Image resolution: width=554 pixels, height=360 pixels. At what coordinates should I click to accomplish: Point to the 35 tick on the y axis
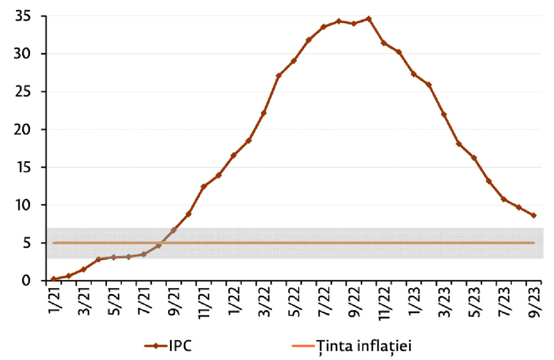[x=23, y=16]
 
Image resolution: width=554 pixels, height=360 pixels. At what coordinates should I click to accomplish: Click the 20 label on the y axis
[x=23, y=130]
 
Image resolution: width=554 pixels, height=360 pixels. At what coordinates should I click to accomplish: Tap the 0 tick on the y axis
[x=26, y=281]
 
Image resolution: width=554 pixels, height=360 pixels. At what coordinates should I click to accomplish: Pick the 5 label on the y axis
[x=26, y=243]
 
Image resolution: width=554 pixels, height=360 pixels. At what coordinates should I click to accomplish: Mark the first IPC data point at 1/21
[x=53, y=279]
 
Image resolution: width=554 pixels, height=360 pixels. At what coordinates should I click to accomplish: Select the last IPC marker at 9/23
[x=534, y=215]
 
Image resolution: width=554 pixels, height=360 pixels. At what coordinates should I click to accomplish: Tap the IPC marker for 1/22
[x=233, y=156]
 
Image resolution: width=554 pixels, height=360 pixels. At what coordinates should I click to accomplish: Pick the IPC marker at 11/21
[x=203, y=187]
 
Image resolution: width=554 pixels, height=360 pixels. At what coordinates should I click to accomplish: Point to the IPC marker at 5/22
[x=294, y=60]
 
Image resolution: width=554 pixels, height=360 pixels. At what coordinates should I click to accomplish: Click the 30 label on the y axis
[x=23, y=54]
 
